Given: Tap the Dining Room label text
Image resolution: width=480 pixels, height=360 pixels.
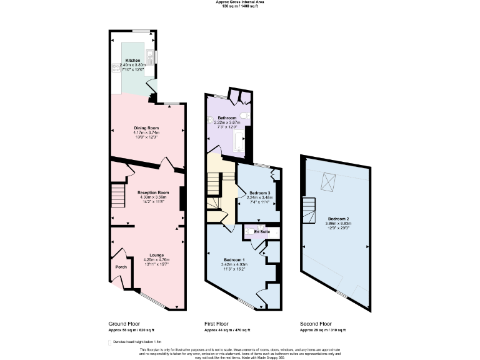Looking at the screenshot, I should [146, 127].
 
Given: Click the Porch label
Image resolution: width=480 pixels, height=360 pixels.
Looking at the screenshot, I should [121, 267].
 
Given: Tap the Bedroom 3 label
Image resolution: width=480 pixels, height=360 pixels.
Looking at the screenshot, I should [259, 192].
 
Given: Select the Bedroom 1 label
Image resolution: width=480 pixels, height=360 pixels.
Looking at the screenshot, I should [235, 259].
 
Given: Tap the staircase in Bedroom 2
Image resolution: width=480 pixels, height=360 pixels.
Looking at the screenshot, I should [308, 207].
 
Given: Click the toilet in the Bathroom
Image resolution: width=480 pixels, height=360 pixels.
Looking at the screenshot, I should [246, 117].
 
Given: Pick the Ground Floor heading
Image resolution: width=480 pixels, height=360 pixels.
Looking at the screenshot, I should [124, 323].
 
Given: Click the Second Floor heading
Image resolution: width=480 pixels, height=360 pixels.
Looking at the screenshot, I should [316, 323].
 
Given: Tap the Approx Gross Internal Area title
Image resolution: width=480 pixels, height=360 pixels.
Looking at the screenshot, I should [239, 2].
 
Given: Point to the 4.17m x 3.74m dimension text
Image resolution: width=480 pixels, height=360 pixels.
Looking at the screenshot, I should [146, 132].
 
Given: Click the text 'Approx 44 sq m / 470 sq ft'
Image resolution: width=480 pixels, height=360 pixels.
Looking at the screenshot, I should [227, 329].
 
